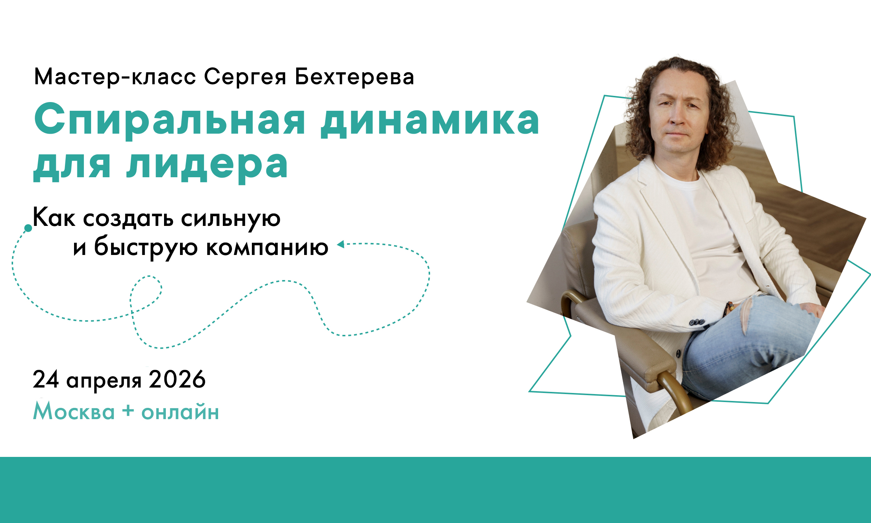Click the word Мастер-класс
click(x=115, y=77)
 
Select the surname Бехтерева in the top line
click(x=354, y=77)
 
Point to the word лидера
click(x=208, y=166)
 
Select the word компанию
click(x=267, y=248)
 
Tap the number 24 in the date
click(x=46, y=380)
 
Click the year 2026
click(x=177, y=380)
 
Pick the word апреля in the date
click(x=104, y=382)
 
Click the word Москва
click(x=74, y=411)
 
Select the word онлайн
click(x=180, y=413)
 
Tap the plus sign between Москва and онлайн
click(x=128, y=411)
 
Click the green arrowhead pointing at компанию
click(x=340, y=244)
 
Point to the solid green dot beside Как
click(x=28, y=228)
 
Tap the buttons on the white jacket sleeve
click(x=697, y=322)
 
